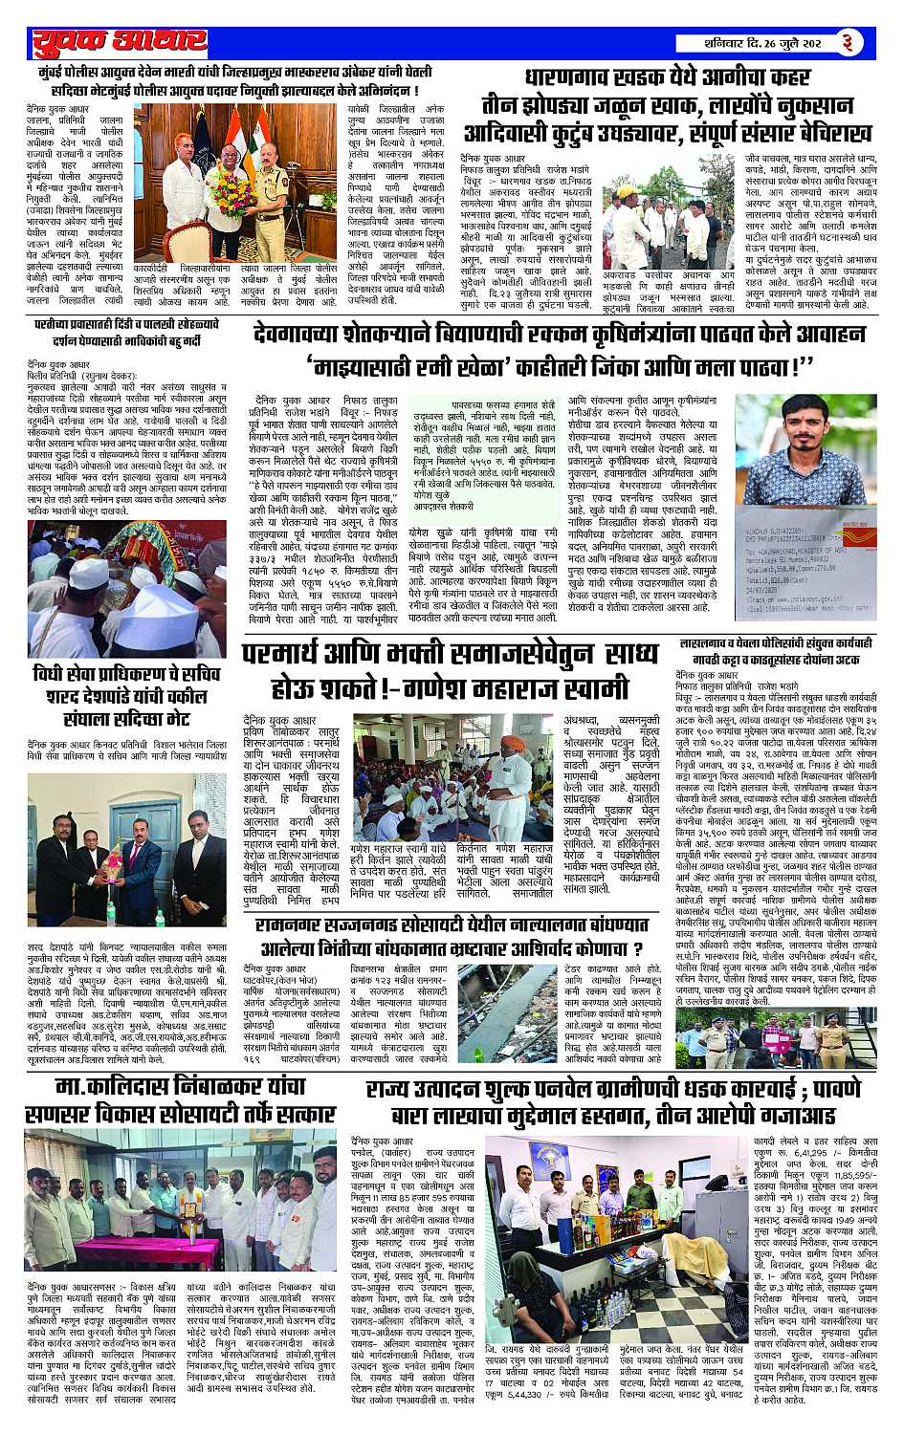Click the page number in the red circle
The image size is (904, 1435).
(874, 42)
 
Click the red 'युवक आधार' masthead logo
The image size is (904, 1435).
(119, 42)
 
